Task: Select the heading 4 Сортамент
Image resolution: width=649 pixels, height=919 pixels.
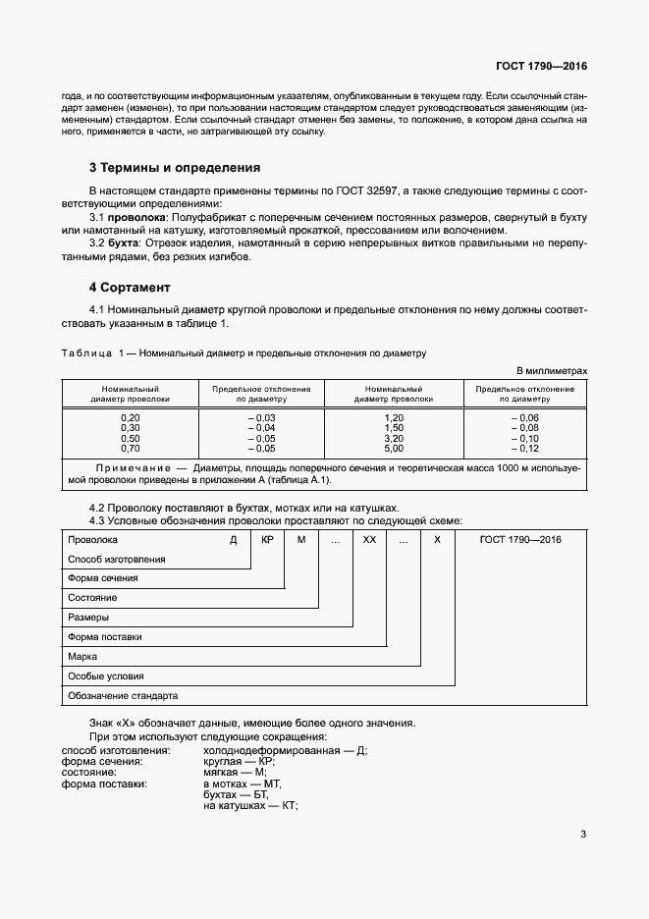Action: tap(130, 288)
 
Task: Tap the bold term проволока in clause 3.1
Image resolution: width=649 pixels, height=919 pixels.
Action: tap(137, 215)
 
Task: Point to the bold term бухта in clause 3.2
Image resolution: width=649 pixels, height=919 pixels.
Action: tap(124, 243)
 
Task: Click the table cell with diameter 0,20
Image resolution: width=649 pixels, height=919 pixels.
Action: tap(130, 418)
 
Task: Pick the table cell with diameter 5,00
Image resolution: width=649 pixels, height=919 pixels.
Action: tap(394, 448)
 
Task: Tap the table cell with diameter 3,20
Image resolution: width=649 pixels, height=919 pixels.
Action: tap(394, 438)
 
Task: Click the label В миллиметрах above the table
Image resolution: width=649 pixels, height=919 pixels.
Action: tap(552, 370)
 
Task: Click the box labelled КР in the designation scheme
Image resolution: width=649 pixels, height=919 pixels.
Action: tap(266, 540)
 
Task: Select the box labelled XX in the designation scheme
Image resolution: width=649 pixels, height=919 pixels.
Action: tap(369, 540)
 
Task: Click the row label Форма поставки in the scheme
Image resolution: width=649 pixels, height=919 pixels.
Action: tap(105, 637)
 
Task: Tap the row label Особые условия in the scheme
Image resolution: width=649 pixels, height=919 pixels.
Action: tap(105, 676)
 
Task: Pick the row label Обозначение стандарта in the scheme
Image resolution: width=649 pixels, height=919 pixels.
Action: tap(122, 696)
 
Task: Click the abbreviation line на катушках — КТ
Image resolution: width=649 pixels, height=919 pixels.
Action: tap(250, 805)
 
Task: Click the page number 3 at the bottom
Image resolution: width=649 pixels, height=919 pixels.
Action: tap(583, 835)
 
